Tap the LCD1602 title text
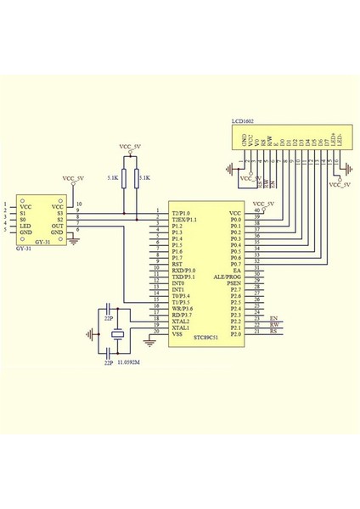coord(243,122)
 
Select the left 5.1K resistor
coord(124,178)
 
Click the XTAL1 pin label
coord(180,327)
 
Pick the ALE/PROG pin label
coord(228,277)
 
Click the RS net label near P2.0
coord(273,333)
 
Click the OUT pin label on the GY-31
coord(57,225)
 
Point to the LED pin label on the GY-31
coord(25,225)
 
